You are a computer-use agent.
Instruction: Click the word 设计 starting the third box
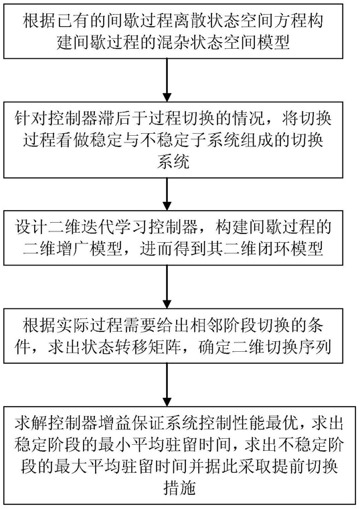pos(31,227)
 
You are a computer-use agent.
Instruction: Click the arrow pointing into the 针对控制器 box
pos(167,80)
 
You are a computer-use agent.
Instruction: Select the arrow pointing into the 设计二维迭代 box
pos(167,194)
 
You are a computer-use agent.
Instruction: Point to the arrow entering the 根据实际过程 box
pos(167,287)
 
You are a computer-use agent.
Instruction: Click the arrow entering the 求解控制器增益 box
pos(167,385)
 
